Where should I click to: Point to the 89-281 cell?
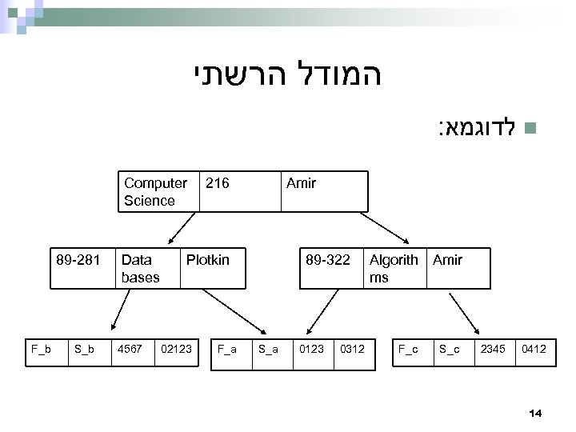(x=78, y=267)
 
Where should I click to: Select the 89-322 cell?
(x=329, y=267)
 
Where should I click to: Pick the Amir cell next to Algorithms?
(x=458, y=267)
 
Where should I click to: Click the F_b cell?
(x=42, y=349)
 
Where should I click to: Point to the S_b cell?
(x=86, y=349)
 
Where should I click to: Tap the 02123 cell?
(x=174, y=349)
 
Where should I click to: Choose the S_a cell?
(x=270, y=349)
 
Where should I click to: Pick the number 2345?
(x=494, y=349)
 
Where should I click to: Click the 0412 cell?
(x=535, y=349)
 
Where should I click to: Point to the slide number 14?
(x=536, y=412)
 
